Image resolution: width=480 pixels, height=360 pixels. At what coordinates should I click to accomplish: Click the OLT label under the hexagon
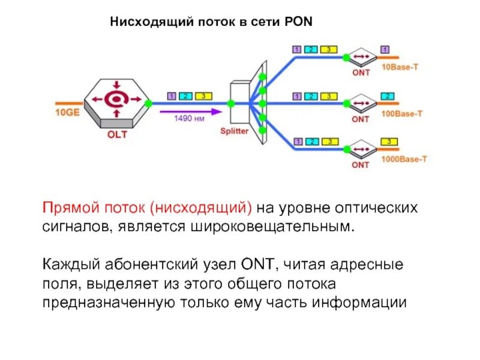pyautogui.click(x=117, y=134)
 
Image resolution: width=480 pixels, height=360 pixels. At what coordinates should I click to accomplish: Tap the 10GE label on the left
pyautogui.click(x=67, y=112)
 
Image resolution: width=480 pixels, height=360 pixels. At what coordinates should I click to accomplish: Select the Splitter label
pyautogui.click(x=234, y=131)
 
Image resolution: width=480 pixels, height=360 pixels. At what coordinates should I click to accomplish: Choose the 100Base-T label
pyautogui.click(x=401, y=113)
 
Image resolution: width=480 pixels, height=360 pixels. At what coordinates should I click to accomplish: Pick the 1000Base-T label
pyautogui.click(x=404, y=159)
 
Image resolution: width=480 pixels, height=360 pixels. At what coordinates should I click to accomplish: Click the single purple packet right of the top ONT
pyautogui.click(x=385, y=49)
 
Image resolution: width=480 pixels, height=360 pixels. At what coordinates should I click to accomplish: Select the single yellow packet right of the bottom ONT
pyautogui.click(x=389, y=142)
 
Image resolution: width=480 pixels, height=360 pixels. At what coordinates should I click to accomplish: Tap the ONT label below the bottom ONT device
pyautogui.click(x=361, y=164)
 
